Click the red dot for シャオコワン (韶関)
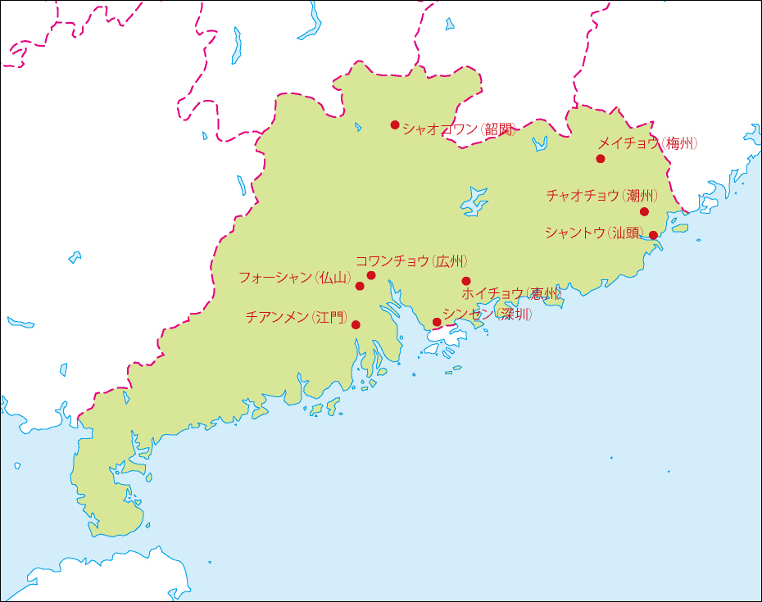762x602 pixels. pyautogui.click(x=395, y=125)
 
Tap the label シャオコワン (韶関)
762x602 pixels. pyautogui.click(x=459, y=129)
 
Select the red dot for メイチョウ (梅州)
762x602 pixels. pyautogui.click(x=601, y=159)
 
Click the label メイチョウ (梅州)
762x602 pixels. pyautogui.click(x=648, y=143)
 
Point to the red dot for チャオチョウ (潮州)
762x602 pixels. pyautogui.click(x=644, y=212)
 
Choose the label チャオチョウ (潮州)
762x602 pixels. pyautogui.click(x=602, y=196)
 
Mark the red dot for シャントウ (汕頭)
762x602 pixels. pyautogui.click(x=653, y=236)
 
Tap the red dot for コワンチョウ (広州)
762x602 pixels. pyautogui.click(x=371, y=275)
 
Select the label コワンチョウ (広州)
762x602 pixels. pyautogui.click(x=412, y=261)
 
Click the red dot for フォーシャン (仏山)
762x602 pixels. pyautogui.click(x=360, y=286)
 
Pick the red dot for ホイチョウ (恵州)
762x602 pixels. pyautogui.click(x=466, y=281)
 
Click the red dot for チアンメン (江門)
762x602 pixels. pyautogui.click(x=356, y=324)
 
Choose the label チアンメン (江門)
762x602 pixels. pyautogui.click(x=297, y=317)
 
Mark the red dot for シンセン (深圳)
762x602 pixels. pyautogui.click(x=437, y=322)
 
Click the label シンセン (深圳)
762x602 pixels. pyautogui.click(x=488, y=314)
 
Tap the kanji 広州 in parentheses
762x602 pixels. pyautogui.click(x=451, y=261)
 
